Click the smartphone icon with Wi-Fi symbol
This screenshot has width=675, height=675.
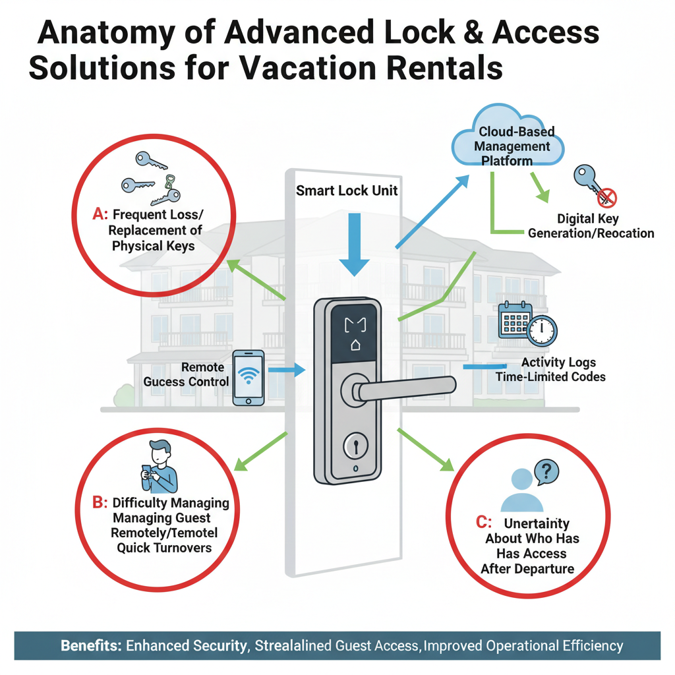point(249,377)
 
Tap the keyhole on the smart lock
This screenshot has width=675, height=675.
point(355,446)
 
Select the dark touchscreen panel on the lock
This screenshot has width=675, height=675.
point(355,332)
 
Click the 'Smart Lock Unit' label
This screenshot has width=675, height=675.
point(347,192)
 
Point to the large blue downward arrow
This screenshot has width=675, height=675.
point(355,243)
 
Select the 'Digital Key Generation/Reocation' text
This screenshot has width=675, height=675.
point(591,225)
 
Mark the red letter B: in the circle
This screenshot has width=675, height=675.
point(100,503)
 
